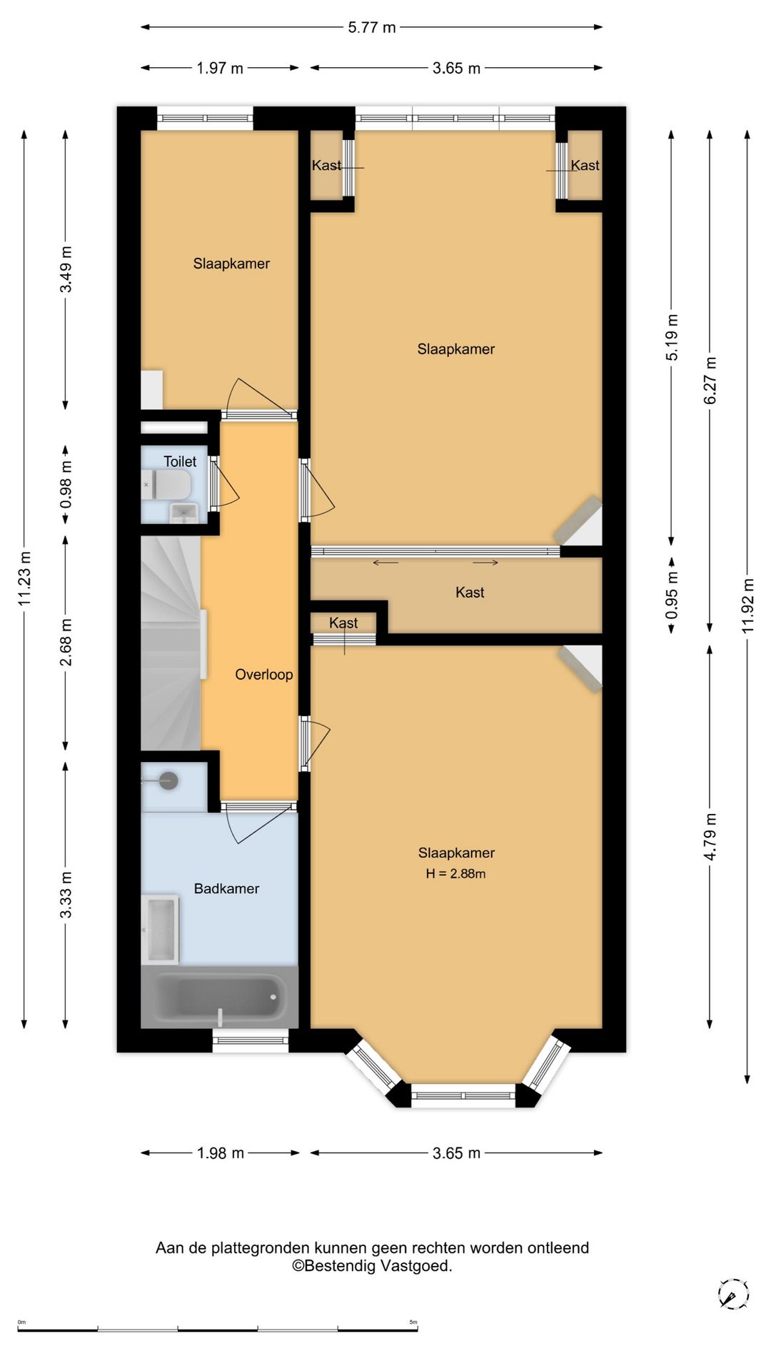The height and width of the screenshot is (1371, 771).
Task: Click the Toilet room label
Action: pos(180,462)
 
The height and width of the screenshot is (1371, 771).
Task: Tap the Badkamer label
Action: pos(226,888)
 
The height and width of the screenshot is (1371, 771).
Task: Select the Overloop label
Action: pos(264,675)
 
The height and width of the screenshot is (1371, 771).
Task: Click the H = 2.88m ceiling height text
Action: pos(455,873)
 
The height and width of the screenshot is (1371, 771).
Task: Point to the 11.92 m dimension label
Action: pos(747,606)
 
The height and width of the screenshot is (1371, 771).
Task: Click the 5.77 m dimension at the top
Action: pos(372,28)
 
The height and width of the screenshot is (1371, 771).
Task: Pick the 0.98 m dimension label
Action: pos(66,484)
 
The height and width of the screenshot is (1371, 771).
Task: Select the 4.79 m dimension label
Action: pos(710,837)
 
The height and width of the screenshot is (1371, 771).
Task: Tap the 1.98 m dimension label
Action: pos(221,1153)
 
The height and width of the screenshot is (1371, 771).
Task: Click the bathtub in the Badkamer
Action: pos(219,997)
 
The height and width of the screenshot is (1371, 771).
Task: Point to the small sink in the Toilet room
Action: pos(184,513)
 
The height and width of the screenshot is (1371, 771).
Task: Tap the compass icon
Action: pos(733,1294)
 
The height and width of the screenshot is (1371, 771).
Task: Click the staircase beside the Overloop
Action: pos(171,643)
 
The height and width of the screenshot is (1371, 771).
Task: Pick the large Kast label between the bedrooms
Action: pos(470,593)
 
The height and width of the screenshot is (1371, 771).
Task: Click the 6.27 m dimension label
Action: pos(710,381)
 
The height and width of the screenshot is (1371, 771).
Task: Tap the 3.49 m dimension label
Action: pos(66,269)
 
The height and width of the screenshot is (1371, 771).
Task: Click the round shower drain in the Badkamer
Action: pos(168,780)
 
